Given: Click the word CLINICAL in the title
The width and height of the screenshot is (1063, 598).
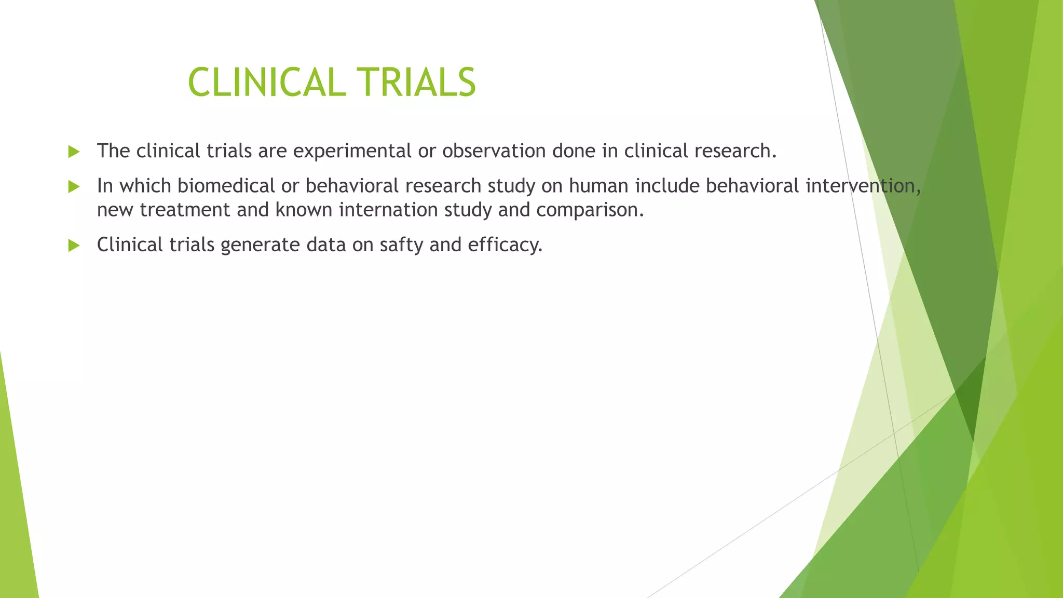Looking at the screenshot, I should tap(266, 83).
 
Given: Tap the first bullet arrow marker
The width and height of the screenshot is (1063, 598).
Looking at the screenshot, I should tap(74, 152).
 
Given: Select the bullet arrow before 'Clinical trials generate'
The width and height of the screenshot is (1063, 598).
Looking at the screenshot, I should tap(74, 246).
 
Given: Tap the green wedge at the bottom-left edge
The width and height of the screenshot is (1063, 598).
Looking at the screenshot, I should tap(16, 519).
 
